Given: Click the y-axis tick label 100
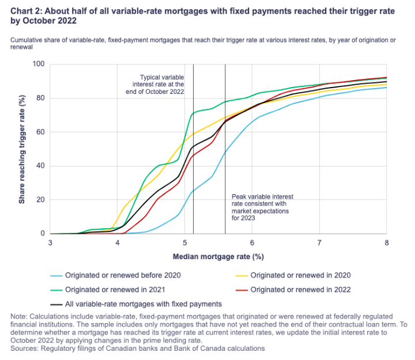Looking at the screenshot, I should click(x=38, y=64).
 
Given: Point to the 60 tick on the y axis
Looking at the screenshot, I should click(x=40, y=132).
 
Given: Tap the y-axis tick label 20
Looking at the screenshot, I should click(x=40, y=200).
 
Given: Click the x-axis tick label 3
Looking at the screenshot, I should click(x=50, y=244).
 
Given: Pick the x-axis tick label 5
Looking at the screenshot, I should click(x=184, y=244).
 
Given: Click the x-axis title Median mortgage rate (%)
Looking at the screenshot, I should click(x=218, y=256).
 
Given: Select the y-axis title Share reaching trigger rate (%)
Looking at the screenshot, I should click(x=22, y=149).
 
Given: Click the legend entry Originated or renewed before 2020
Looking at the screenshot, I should click(x=123, y=275).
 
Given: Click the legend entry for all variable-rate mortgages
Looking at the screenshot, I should click(x=143, y=303).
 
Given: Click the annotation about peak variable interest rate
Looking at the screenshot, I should click(x=258, y=207).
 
